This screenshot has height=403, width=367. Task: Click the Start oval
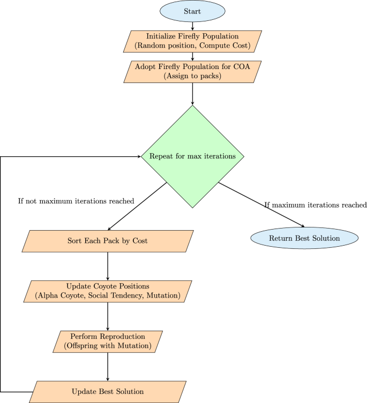point(192,11)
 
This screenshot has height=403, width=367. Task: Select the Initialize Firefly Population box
point(192,41)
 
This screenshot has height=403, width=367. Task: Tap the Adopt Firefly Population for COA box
point(192,72)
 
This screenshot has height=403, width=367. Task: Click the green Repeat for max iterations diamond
point(192,157)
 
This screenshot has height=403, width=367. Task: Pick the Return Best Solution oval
point(304,238)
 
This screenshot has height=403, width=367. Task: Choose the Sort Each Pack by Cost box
point(108,241)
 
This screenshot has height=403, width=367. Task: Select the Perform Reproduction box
point(108,341)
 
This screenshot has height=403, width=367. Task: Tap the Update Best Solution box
point(108,391)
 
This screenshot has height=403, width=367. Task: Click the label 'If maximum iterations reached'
point(316,205)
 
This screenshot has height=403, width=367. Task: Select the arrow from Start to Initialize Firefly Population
point(192,26)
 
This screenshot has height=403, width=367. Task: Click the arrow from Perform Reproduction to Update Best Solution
point(108,367)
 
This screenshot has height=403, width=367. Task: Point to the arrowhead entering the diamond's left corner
point(137,157)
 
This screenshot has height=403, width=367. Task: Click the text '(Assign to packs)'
point(192,77)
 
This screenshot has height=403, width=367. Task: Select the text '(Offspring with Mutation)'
point(108,346)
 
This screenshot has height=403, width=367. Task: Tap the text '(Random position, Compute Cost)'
point(192,46)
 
